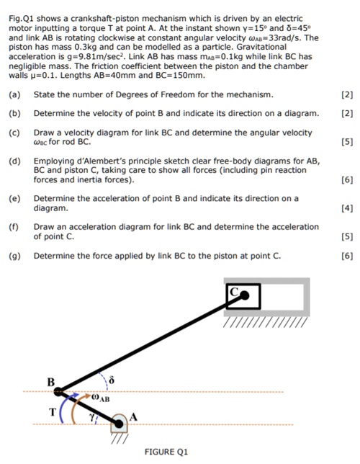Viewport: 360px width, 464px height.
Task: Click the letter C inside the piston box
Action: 234,292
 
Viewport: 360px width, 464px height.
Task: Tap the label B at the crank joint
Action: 51,380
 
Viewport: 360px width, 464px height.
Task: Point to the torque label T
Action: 51,412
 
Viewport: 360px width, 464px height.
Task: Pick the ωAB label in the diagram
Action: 99,397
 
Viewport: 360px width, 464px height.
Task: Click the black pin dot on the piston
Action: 245,295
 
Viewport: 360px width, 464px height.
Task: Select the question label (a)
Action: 14,95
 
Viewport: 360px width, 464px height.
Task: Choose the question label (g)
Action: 14,256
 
